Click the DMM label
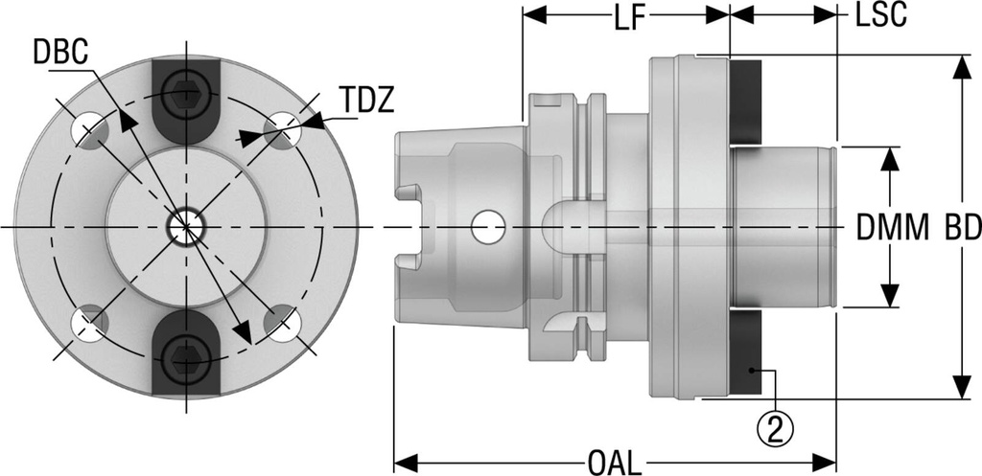[x=892, y=228]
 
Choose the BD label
[x=961, y=228]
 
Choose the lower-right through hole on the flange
[x=281, y=324]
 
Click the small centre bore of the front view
[x=186, y=227]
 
